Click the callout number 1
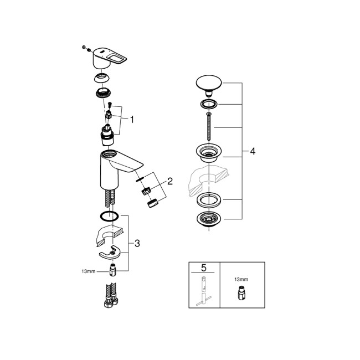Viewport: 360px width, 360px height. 132,119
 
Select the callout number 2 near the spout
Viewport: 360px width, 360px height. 170,181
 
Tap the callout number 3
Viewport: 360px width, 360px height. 137,243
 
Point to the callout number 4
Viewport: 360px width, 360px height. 253,151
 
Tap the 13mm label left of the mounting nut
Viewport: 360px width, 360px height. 88,271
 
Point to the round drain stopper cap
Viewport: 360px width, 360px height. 209,84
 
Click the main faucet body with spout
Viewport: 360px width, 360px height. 114,169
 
